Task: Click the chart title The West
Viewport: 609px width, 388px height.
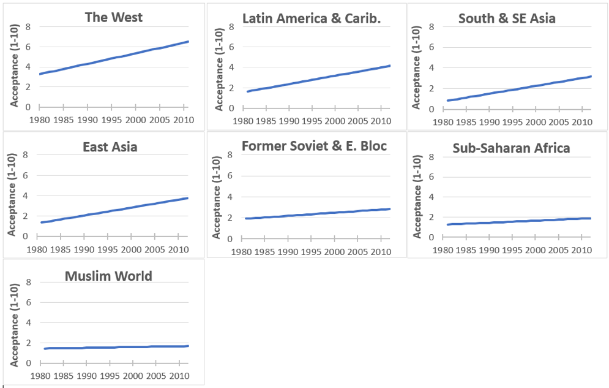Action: (114, 17)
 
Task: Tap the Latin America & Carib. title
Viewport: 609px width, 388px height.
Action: (312, 18)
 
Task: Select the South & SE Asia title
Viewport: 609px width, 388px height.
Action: (507, 18)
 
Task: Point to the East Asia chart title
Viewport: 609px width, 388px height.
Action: (110, 146)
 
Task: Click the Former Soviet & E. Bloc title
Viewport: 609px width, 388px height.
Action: (314, 146)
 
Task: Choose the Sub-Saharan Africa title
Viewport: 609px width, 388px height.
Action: (511, 148)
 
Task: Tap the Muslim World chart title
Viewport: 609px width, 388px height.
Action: (108, 276)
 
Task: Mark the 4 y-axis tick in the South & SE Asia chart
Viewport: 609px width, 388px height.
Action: (432, 68)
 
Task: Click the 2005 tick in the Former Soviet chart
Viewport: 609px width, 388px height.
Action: (357, 251)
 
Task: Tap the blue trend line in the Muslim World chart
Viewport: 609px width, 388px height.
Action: (116, 347)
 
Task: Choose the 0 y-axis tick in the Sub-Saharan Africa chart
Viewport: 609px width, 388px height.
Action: (432, 237)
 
